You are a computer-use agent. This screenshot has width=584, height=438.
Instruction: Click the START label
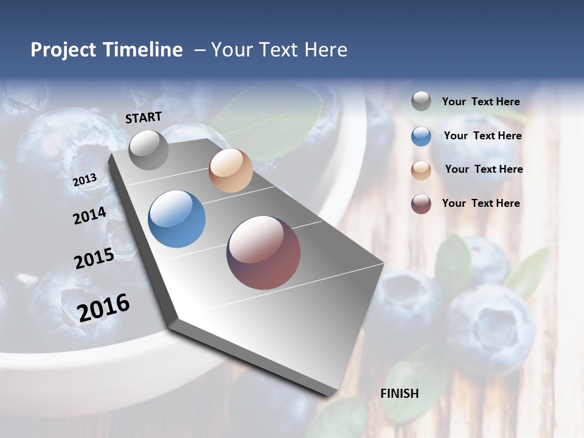144,117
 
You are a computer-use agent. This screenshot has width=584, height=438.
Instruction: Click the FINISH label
400,394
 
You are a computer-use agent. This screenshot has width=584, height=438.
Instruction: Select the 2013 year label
85,180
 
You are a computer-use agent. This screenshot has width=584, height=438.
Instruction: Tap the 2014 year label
89,215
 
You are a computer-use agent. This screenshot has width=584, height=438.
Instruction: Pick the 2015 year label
94,259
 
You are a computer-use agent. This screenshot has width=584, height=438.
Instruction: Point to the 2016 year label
104,307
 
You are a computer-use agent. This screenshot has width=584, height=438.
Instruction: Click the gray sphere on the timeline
149,150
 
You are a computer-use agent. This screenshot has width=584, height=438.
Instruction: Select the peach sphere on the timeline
231,170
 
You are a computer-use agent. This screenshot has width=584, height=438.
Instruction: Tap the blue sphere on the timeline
176,219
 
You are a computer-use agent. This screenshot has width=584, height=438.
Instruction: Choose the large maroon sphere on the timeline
263,252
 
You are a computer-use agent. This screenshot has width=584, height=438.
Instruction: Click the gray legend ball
421,102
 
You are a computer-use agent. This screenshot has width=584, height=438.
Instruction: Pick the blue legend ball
421,136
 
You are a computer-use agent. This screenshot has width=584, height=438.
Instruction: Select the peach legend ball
421,170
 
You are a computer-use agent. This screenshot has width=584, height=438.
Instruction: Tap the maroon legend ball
421,204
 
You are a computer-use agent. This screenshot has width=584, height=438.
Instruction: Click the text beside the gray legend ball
481,102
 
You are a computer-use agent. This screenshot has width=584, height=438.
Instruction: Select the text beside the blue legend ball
482,136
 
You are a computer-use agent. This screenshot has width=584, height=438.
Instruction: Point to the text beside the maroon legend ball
481,203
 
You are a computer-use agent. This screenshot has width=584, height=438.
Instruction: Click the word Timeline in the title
143,50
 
